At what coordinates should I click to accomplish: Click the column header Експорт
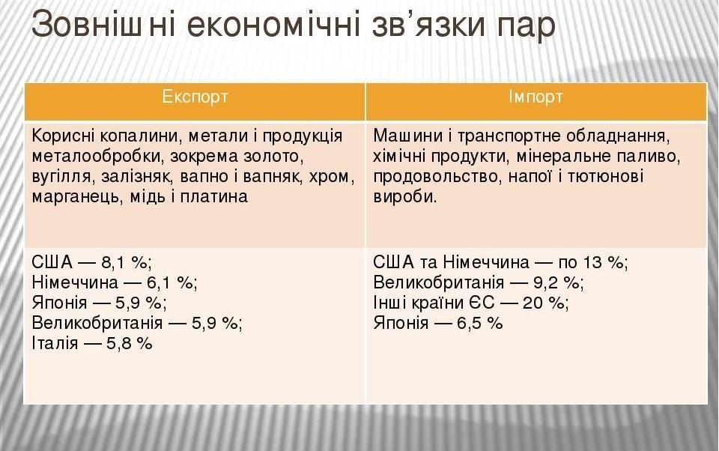pyautogui.click(x=195, y=97)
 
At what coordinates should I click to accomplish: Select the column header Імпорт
pyautogui.click(x=535, y=97)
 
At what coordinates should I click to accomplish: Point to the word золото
pyautogui.click(x=270, y=157)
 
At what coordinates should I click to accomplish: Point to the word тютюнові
pyautogui.click(x=605, y=177)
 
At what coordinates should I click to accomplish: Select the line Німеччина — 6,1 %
pyautogui.click(x=115, y=282)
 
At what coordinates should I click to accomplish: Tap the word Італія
pyautogui.click(x=55, y=343)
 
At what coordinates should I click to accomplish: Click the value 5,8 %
pyautogui.click(x=130, y=343)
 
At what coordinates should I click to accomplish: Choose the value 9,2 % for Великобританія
pyautogui.click(x=556, y=282)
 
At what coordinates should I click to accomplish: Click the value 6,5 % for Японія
pyautogui.click(x=479, y=323)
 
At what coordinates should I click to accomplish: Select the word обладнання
pyautogui.click(x=618, y=136)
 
